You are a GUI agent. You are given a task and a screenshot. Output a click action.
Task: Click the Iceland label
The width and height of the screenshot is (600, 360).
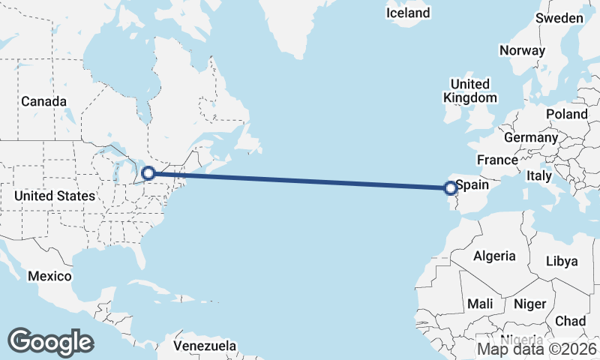408,13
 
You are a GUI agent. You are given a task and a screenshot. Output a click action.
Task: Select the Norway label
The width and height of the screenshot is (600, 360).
522,51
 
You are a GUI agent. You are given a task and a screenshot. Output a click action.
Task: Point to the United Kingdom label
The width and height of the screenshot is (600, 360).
469,91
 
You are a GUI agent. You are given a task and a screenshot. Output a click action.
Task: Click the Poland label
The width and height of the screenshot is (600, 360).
567,114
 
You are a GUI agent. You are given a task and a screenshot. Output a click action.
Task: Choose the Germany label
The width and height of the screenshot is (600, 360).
531,138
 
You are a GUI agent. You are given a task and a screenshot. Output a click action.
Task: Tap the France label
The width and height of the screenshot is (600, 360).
497,160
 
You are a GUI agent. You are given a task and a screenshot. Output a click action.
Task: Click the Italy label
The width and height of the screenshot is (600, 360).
539,175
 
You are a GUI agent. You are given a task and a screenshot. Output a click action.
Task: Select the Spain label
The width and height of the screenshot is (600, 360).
472,184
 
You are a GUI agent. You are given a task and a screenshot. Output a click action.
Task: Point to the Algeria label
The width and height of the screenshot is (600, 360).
494,256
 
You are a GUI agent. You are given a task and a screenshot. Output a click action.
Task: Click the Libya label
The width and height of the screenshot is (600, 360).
562,261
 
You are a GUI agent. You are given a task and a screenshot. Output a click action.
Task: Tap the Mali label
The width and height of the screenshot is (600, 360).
480,304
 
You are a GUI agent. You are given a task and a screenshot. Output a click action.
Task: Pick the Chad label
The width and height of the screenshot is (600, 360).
570,321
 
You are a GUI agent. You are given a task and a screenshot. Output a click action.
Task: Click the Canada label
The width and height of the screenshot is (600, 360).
43,101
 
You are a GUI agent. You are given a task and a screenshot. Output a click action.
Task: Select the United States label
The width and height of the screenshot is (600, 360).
55,196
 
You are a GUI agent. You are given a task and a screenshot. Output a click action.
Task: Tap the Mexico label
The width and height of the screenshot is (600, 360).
49,276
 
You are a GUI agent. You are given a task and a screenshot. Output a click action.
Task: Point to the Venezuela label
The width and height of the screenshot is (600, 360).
205,346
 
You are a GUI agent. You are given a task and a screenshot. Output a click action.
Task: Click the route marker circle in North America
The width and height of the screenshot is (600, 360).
148,173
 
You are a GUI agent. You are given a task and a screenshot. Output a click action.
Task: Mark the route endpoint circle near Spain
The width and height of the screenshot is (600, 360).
451,188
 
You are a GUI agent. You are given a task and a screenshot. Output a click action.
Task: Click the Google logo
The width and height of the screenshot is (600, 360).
50,341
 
